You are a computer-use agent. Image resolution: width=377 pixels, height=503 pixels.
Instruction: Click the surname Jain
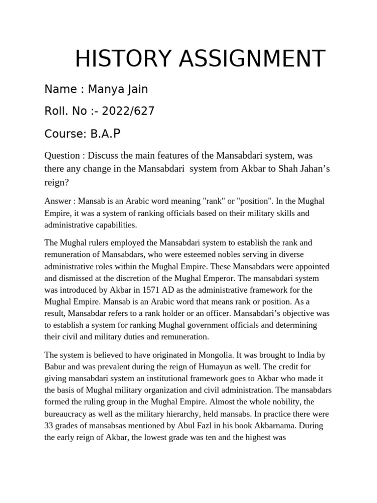click(138, 89)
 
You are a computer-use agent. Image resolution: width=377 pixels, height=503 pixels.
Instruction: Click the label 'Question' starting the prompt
click(62, 156)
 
